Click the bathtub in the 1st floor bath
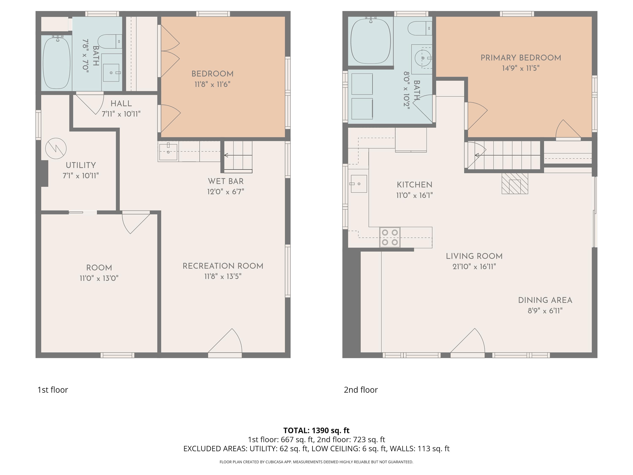tap(56, 62)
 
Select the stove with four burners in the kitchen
tap(390, 237)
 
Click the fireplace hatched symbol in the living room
tap(515, 183)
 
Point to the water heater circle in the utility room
tap(56, 149)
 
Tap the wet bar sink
tap(168, 152)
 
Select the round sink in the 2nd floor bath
tap(423, 58)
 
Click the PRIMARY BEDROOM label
tap(521, 58)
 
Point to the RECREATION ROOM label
tap(223, 266)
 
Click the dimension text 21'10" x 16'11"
tap(474, 267)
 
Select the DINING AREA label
tap(545, 300)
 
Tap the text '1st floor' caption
tap(53, 390)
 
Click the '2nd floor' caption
tap(361, 390)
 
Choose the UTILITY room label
tap(81, 165)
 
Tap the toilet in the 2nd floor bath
tap(420, 28)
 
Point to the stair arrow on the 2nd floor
tap(507, 155)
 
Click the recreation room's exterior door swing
tap(225, 341)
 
